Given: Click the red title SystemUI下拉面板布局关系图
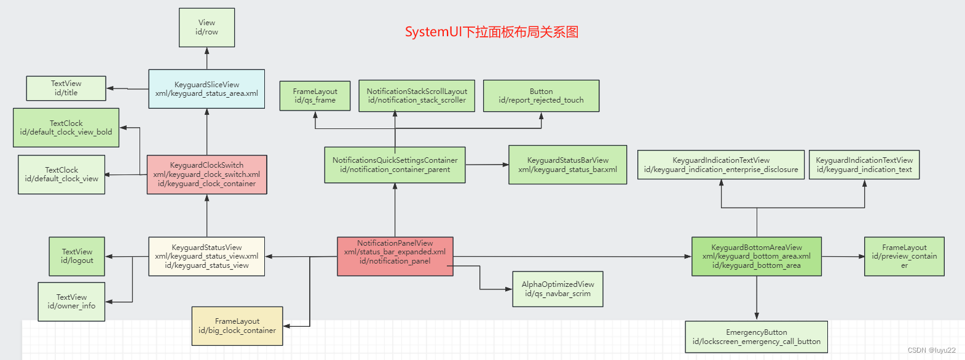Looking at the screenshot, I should point(491,32).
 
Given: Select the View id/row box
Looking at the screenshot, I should point(207,27).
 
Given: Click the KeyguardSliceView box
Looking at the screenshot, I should point(207,89).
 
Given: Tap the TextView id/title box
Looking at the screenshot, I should point(66,88).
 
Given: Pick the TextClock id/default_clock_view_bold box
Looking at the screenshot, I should point(66,128).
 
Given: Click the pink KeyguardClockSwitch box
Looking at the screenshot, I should point(207,174).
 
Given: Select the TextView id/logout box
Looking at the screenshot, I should point(77,256).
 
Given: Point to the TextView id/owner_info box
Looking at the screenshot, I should point(71,302).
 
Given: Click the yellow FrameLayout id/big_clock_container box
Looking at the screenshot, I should point(237,326).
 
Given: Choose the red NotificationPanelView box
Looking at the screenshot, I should point(395,256).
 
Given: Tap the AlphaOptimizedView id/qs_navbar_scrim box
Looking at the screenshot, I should point(557,289).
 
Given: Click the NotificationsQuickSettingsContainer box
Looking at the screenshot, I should point(395,165).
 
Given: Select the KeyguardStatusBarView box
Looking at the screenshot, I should point(567,165).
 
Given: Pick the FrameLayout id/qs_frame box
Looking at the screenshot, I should point(315,96).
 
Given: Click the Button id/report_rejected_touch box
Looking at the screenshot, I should point(541,96).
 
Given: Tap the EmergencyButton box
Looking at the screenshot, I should point(756,337).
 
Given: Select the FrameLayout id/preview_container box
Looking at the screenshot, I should point(904,256).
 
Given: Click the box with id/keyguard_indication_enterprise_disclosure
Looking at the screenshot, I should point(720,165).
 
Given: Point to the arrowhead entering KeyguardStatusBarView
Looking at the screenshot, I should point(506,165).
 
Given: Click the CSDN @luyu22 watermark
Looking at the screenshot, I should point(931,350).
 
